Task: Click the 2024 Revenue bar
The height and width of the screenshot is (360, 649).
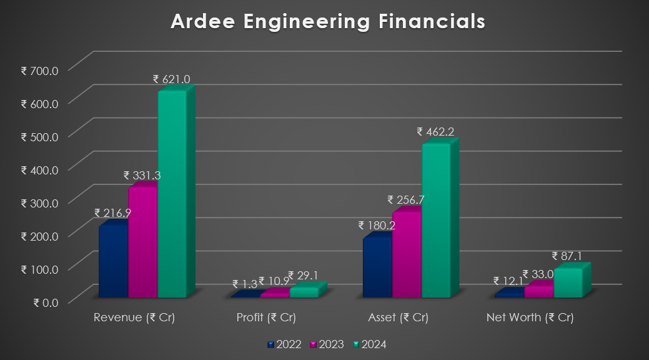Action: (x=172, y=194)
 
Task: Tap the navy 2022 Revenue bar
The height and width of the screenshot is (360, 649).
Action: (x=113, y=261)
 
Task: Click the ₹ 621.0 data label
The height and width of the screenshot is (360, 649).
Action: (x=172, y=79)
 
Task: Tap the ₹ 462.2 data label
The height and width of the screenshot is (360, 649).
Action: (x=435, y=132)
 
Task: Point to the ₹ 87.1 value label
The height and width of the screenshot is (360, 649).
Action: (x=567, y=256)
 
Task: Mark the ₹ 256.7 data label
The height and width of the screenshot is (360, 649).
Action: (x=406, y=200)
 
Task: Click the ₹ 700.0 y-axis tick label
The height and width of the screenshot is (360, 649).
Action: (x=39, y=70)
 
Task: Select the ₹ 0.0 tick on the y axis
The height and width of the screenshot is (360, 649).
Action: (x=44, y=302)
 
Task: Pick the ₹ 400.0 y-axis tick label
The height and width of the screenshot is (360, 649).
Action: (x=39, y=169)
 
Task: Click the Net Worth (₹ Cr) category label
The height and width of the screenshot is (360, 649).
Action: (x=530, y=317)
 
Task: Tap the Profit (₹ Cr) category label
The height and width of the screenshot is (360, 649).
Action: (x=266, y=317)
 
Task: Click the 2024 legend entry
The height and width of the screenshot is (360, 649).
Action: (x=369, y=344)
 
